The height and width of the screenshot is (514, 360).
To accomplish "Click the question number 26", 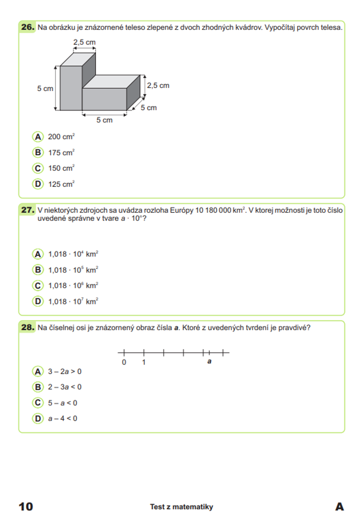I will click(x=28, y=27).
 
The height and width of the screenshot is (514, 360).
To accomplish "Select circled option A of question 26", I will click(x=37, y=137).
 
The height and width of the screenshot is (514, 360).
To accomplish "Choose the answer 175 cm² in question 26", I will click(x=61, y=153).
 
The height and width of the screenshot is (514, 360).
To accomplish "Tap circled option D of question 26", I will click(x=37, y=184).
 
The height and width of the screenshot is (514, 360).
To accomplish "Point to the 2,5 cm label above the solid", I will click(x=85, y=42).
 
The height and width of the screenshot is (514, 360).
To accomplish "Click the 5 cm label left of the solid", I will click(x=45, y=89).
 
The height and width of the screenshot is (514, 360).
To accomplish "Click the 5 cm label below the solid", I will click(x=104, y=120).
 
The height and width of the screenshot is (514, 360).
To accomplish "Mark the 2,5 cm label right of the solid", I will click(x=158, y=86).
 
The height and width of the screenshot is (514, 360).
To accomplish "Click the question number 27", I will click(x=28, y=210).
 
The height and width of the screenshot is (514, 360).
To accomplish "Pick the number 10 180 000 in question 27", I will click(x=213, y=210).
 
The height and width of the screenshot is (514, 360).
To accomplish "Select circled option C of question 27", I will click(x=37, y=286).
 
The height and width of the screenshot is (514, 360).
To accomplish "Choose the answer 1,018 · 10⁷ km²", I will click(x=73, y=301).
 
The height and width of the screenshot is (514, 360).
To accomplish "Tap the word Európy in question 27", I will click(x=181, y=210).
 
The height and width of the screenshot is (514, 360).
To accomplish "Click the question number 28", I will click(x=28, y=327).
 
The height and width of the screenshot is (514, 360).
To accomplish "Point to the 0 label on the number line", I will click(x=124, y=362).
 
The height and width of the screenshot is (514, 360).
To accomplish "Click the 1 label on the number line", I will click(x=144, y=362).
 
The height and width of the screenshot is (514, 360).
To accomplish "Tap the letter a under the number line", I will click(x=209, y=362).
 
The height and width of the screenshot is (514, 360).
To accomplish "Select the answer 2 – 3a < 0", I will click(x=65, y=387).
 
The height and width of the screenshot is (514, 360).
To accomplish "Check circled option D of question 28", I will click(x=37, y=419).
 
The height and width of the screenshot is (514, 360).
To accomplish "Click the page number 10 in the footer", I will click(x=26, y=506).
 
